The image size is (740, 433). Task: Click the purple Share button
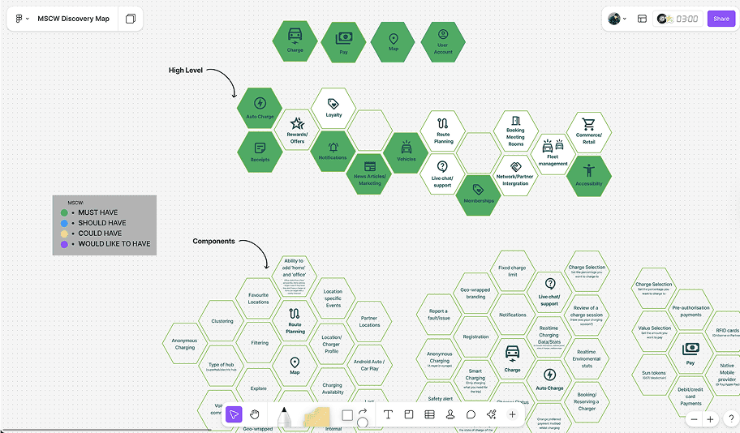pos(721,19)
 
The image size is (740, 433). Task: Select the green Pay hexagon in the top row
pos(343,43)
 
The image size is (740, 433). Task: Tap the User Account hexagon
pos(443,42)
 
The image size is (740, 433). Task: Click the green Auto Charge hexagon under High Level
pos(260,109)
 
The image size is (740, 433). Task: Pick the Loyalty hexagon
pos(333,109)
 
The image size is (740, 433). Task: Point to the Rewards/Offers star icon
pos(297,123)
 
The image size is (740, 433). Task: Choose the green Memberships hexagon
pos(479,195)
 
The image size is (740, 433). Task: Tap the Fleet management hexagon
pos(553,153)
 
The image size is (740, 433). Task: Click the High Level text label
pos(186,71)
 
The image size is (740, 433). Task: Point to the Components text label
pos(213,242)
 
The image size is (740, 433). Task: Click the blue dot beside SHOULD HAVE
pos(65,223)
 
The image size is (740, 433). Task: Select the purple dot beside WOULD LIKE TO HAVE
pos(65,243)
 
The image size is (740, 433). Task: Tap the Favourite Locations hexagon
pos(259,299)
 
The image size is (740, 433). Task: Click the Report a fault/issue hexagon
pos(438,315)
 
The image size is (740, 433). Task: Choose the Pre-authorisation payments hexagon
pos(691,311)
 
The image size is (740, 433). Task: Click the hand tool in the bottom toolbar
pos(255,414)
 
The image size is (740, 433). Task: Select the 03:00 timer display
pos(687,19)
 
